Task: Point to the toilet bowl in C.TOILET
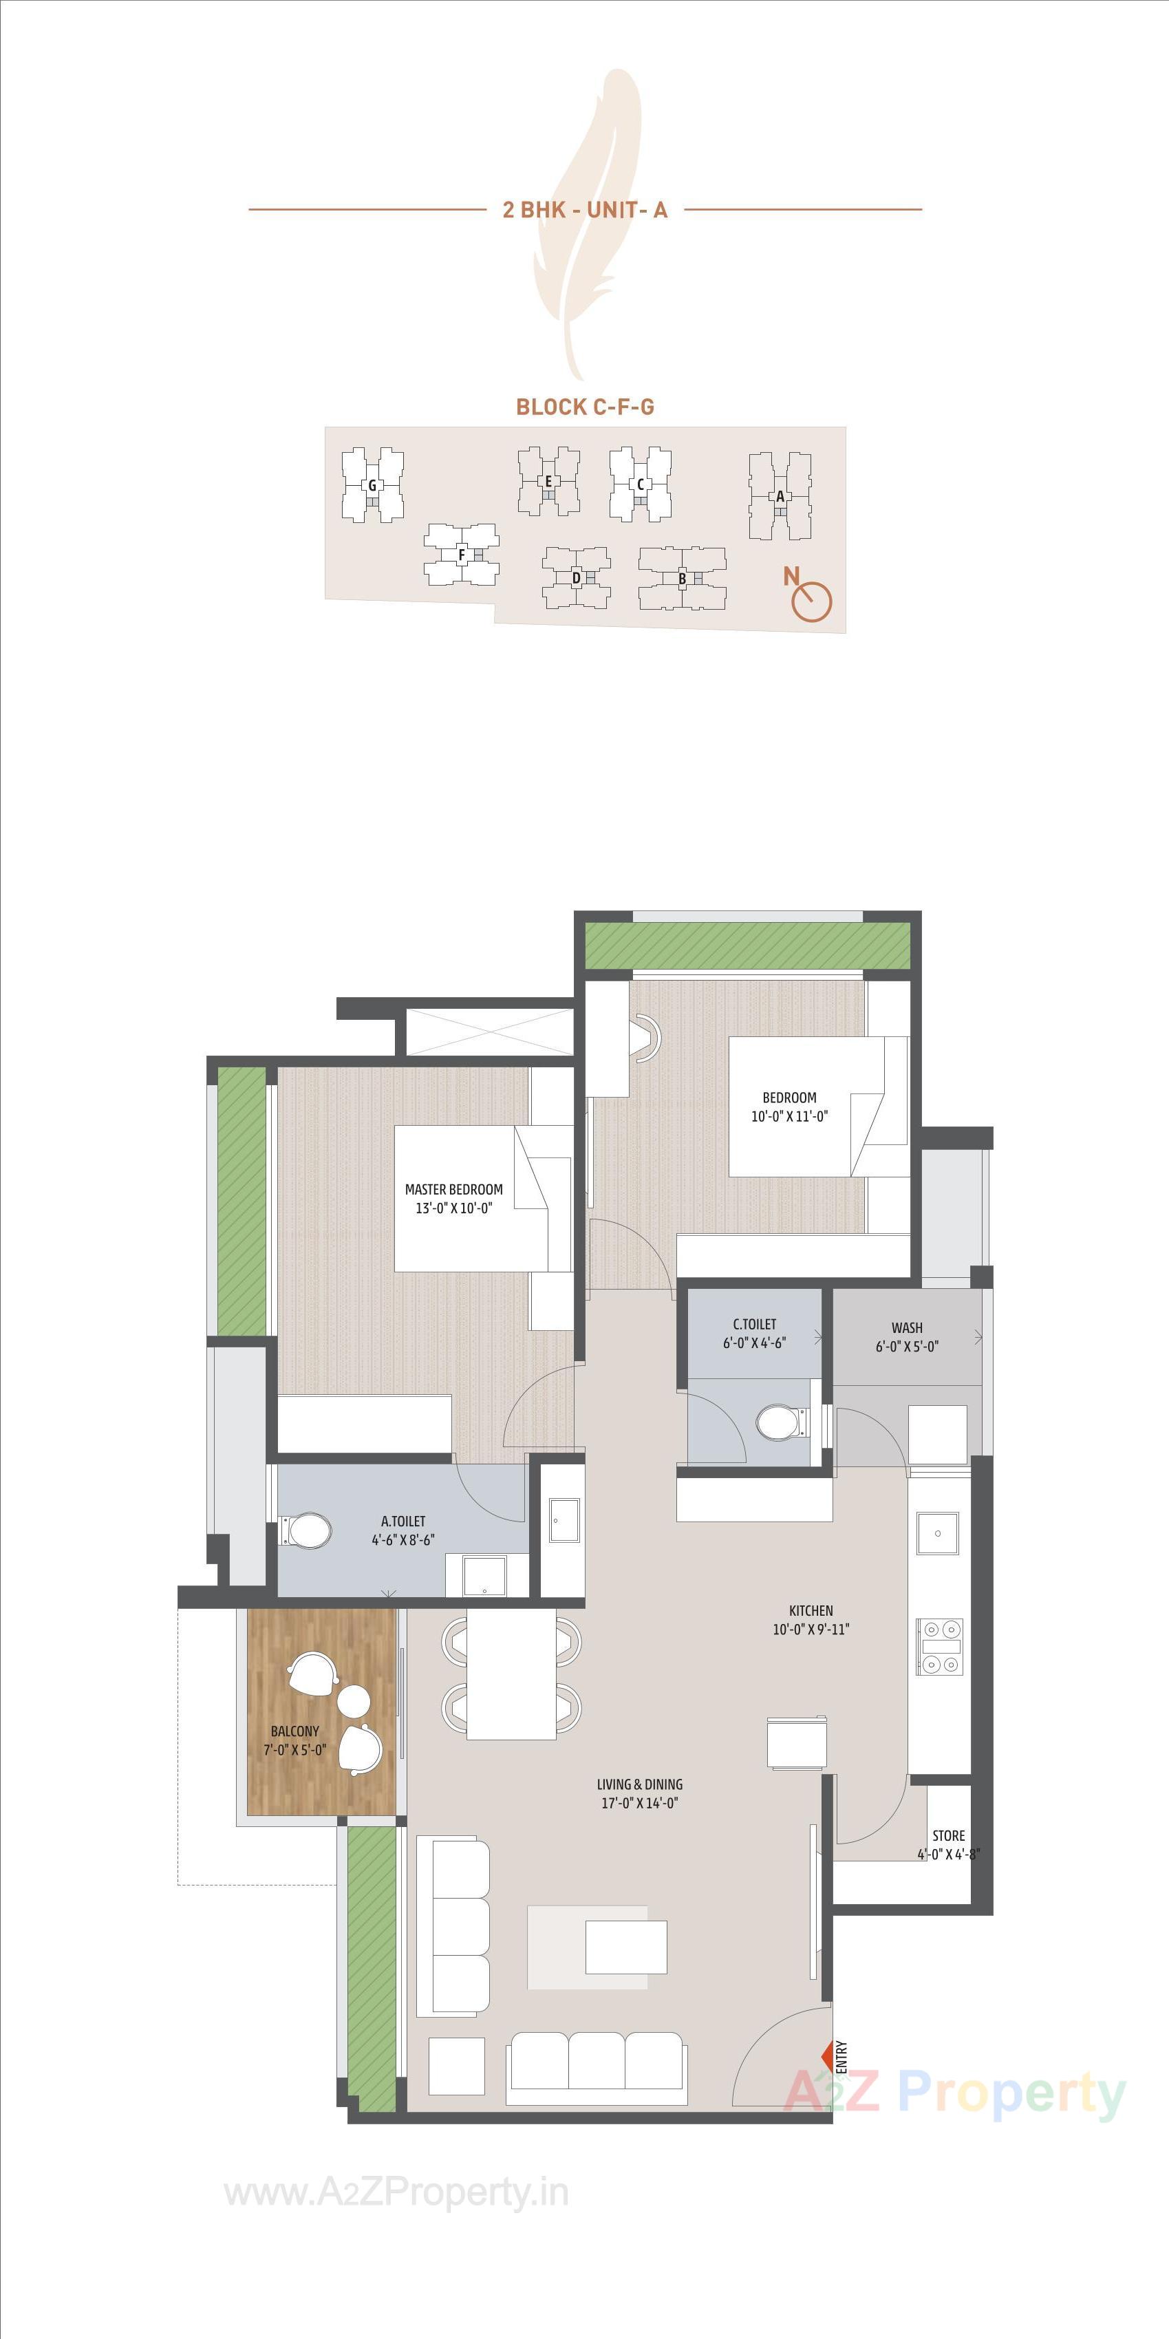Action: pyautogui.click(x=776, y=1423)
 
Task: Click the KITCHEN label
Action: pyautogui.click(x=811, y=1611)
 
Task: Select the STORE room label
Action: pyautogui.click(x=948, y=1835)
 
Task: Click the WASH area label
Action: pyautogui.click(x=907, y=1327)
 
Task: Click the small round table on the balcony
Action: pyautogui.click(x=353, y=1699)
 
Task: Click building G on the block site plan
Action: pyautogui.click(x=372, y=486)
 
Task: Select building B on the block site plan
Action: pyautogui.click(x=682, y=579)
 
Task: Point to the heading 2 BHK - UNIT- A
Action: pyautogui.click(x=585, y=210)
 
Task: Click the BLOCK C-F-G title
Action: pyautogui.click(x=585, y=407)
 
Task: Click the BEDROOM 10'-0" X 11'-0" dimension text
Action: pyautogui.click(x=789, y=1116)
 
